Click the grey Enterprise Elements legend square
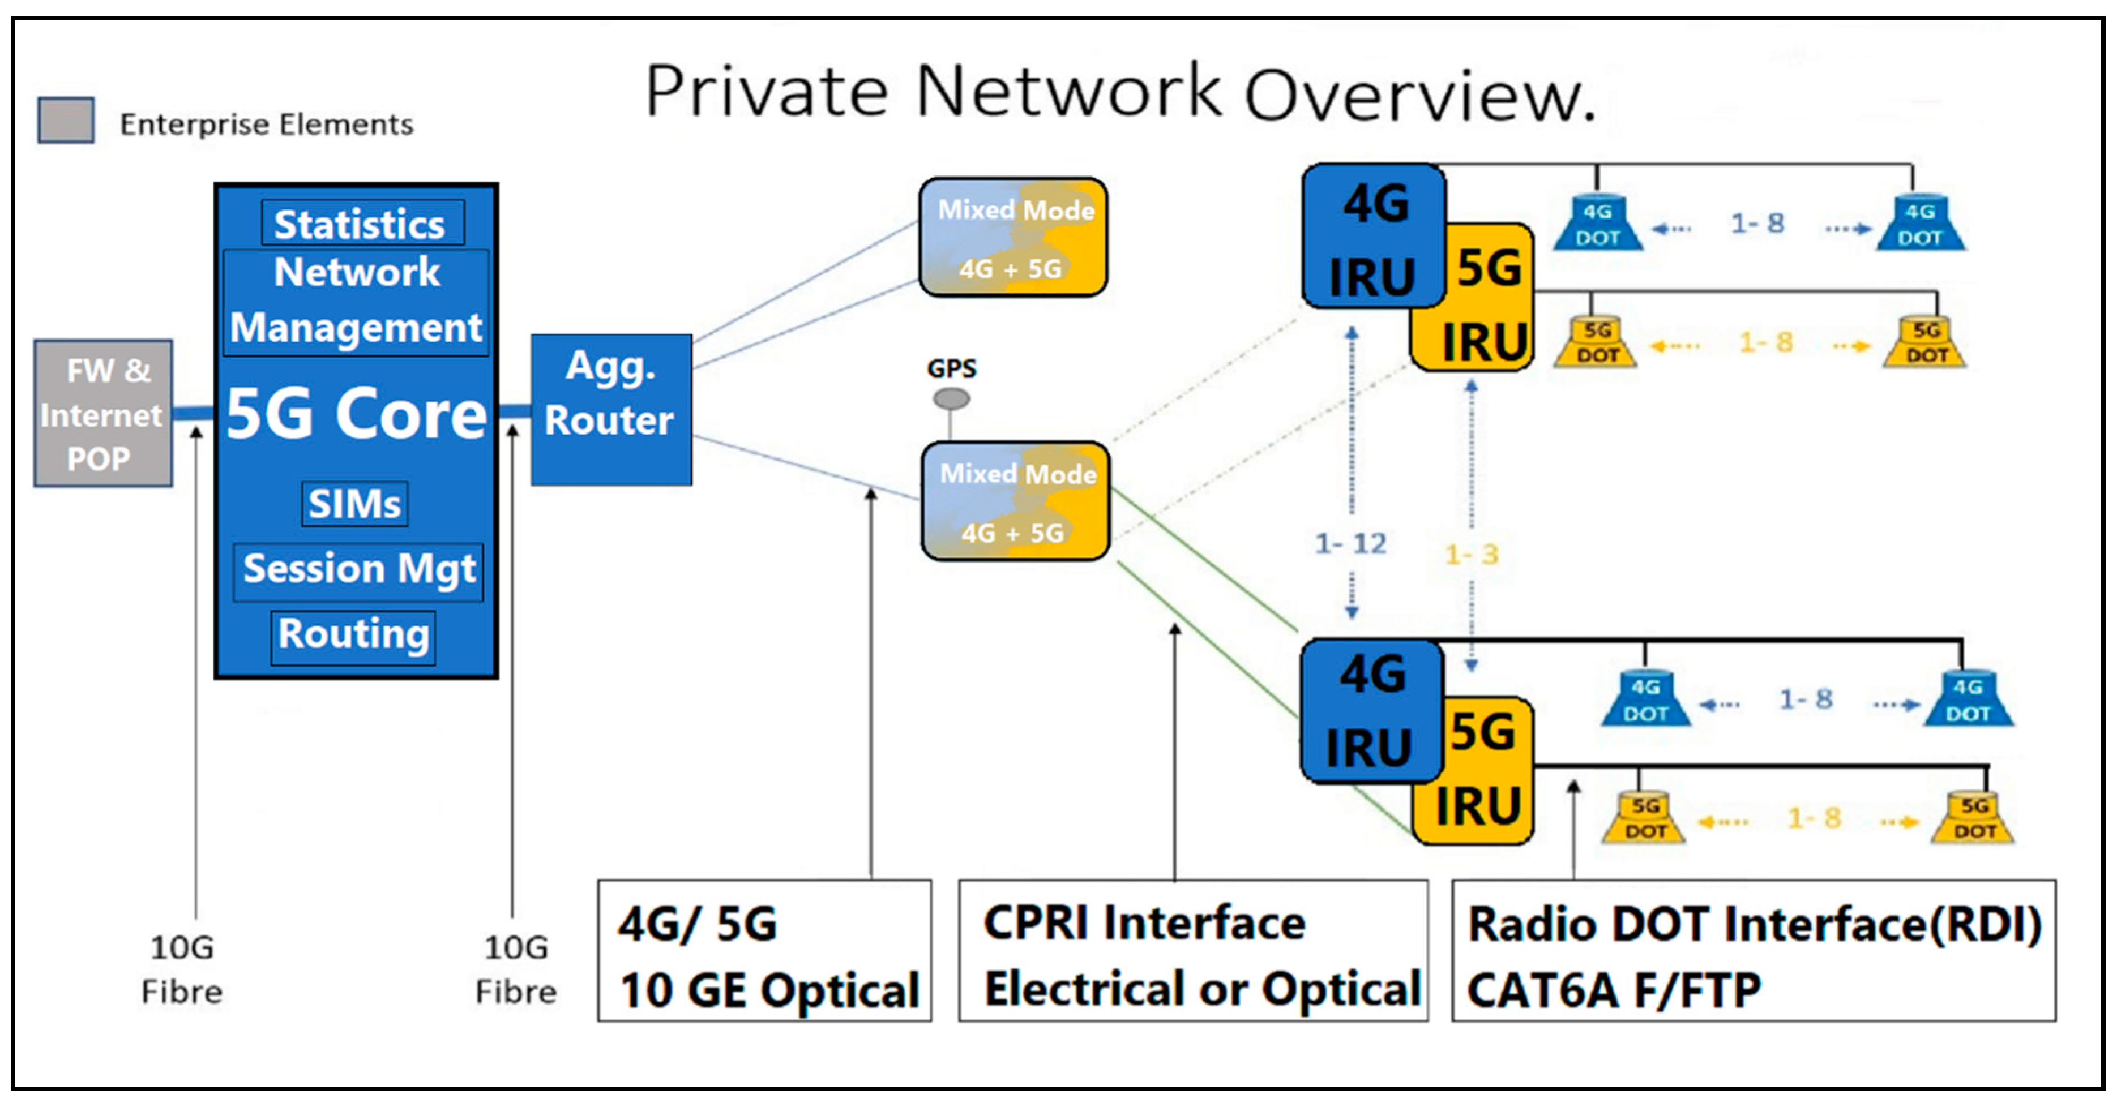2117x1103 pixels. point(66,121)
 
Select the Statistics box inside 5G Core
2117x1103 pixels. point(362,224)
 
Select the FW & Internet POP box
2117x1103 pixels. point(102,414)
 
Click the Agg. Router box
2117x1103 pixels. point(610,409)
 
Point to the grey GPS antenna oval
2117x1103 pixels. point(951,399)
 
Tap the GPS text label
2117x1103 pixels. point(951,368)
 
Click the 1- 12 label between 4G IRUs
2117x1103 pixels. point(1350,544)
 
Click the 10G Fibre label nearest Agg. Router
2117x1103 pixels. point(515,969)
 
